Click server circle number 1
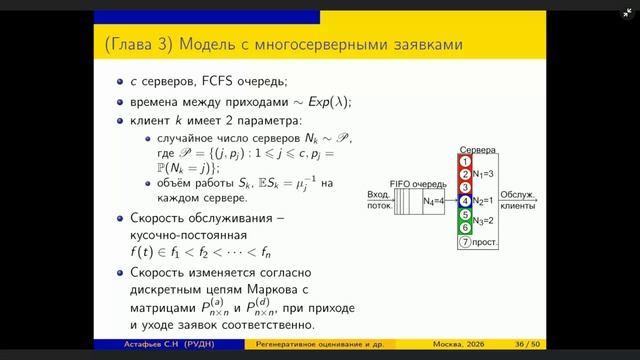(x=465, y=161)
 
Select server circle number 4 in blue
(x=465, y=200)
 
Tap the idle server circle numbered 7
(x=465, y=241)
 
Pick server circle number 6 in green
(x=465, y=227)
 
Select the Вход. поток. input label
(x=378, y=202)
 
